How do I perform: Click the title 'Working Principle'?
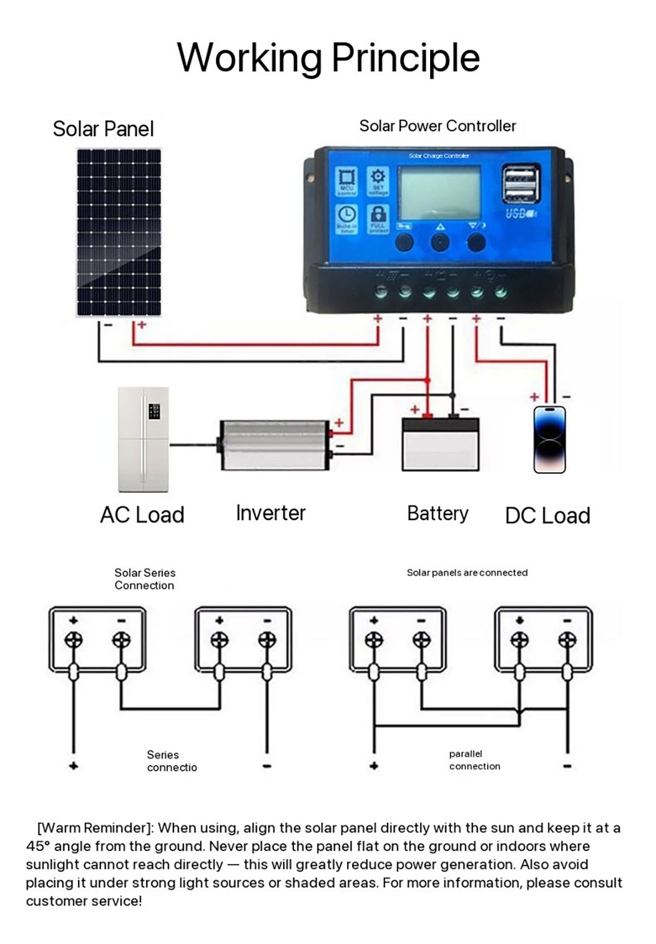pos(328,58)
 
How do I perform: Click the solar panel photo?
pos(118,232)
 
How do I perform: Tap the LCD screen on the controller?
pos(439,192)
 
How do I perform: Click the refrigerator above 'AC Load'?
pos(143,439)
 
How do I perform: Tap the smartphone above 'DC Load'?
pos(550,440)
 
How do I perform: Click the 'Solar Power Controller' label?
pos(437,126)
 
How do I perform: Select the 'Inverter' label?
pos(270,513)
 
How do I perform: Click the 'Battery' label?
pos(438,514)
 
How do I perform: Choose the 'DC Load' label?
pos(547,515)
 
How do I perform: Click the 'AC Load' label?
pos(142,515)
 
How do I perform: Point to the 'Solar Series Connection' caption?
pos(145,579)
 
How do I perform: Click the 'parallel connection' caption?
pos(474,760)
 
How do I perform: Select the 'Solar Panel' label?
pos(103,129)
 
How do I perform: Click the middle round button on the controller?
pos(440,242)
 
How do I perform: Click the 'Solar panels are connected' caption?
pos(467,573)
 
